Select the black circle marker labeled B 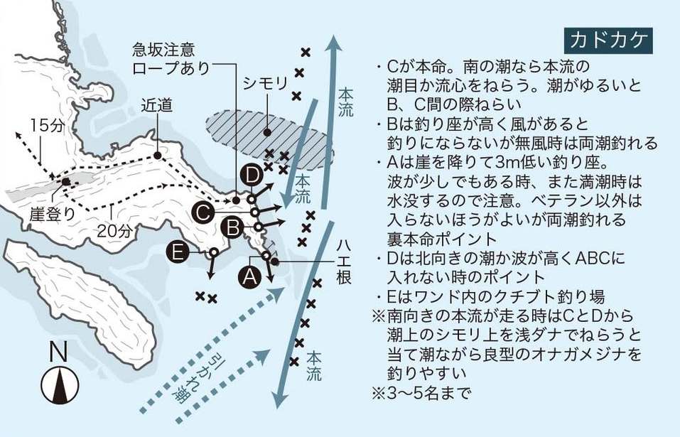tap(232, 228)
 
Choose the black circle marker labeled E tap(176, 252)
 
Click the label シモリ tap(264, 83)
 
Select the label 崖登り tap(50, 212)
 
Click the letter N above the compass tap(58, 350)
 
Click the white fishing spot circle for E tap(212, 252)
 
